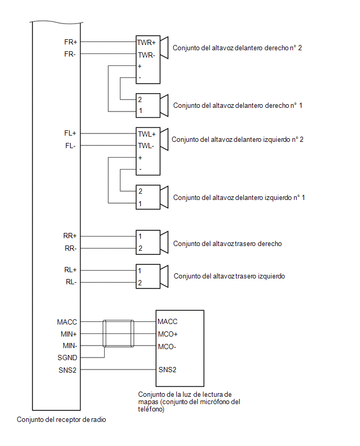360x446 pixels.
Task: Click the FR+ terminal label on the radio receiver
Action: pyautogui.click(x=71, y=42)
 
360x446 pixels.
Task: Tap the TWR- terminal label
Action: pyautogui.click(x=147, y=55)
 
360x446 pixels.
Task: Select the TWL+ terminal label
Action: pyautogui.click(x=147, y=134)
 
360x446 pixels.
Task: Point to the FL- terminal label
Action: pyautogui.click(x=70, y=146)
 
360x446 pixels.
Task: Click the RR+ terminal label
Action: pyautogui.click(x=70, y=236)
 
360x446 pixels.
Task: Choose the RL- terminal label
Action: pyautogui.click(x=71, y=282)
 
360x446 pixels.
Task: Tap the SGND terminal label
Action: pyautogui.click(x=67, y=358)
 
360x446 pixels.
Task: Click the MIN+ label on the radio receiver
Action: pyautogui.click(x=69, y=334)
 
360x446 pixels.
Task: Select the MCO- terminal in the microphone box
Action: pyautogui.click(x=167, y=347)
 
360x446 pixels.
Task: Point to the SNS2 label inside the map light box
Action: pyautogui.click(x=167, y=370)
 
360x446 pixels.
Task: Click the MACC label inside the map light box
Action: pyautogui.click(x=167, y=322)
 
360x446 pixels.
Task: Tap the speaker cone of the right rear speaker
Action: pyautogui.click(x=164, y=242)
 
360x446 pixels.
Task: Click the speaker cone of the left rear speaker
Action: pyautogui.click(x=164, y=276)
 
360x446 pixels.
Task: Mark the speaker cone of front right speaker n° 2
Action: pyautogui.click(x=164, y=48)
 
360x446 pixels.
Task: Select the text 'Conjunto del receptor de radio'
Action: pyautogui.click(x=61, y=419)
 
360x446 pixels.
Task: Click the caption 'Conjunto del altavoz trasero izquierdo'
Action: pyautogui.click(x=229, y=276)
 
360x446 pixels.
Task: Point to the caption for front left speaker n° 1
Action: pyautogui.click(x=239, y=198)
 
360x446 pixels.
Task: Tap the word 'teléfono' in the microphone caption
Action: pyautogui.click(x=151, y=409)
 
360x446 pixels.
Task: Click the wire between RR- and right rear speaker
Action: pyautogui.click(x=108, y=248)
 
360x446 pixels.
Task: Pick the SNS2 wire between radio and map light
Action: pyautogui.click(x=118, y=370)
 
